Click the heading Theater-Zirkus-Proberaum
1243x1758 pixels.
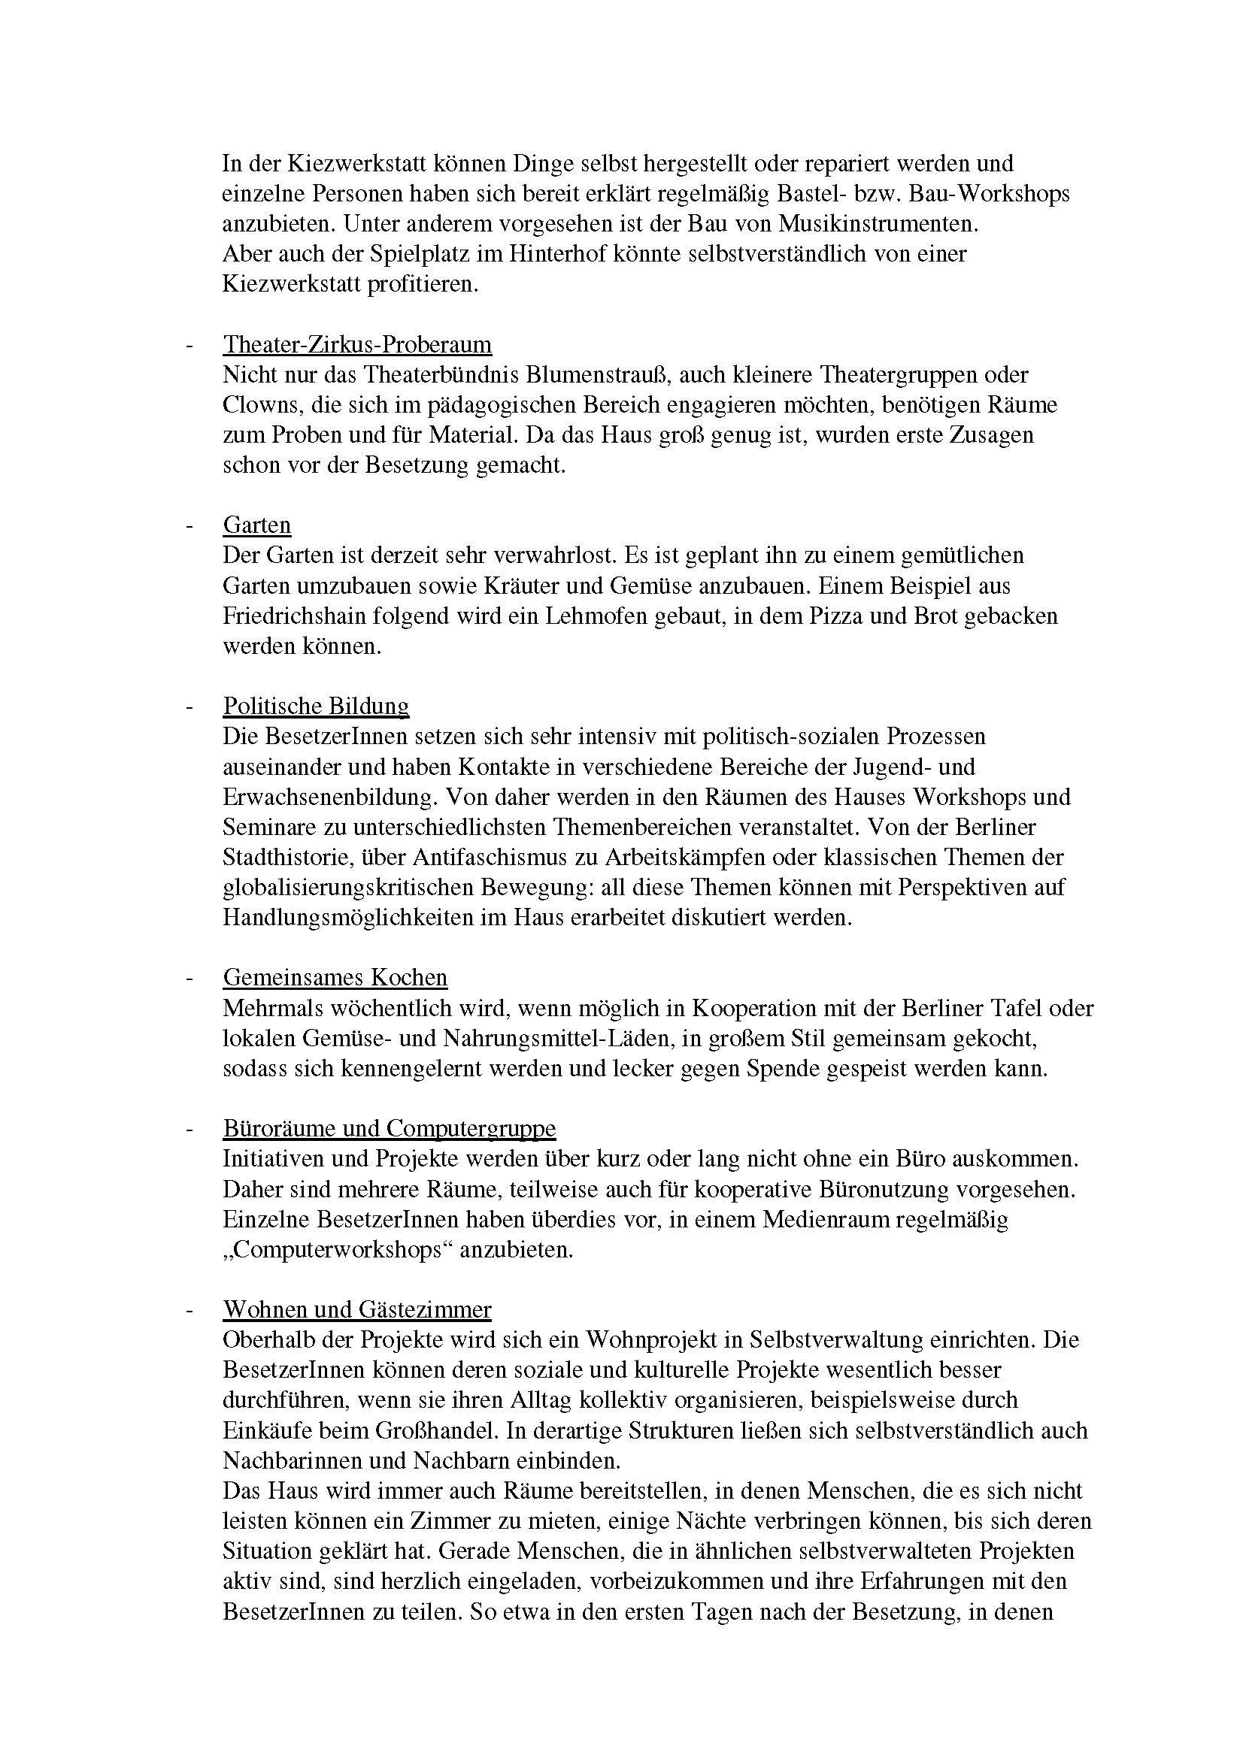point(357,344)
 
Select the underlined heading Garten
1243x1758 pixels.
point(256,525)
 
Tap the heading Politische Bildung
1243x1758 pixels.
point(316,706)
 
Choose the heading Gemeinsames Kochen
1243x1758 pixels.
point(335,978)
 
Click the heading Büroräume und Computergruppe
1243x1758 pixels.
point(389,1129)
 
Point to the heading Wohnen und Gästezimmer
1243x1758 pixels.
point(357,1310)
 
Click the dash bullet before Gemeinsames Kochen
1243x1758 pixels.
point(188,979)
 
